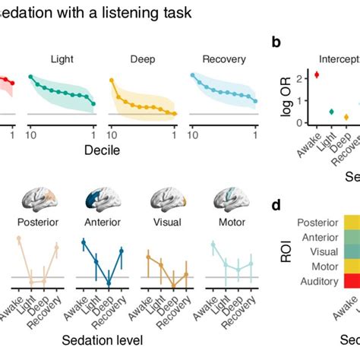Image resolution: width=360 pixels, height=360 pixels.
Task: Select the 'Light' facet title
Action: [62, 59]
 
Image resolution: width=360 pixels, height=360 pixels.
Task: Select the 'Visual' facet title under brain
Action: [163, 223]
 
